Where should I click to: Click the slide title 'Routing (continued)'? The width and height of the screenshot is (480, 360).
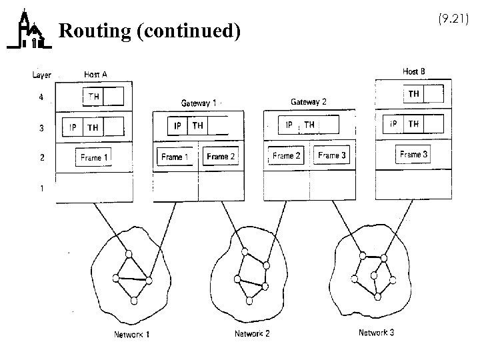(x=149, y=31)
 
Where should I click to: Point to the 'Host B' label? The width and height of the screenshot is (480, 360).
(x=413, y=71)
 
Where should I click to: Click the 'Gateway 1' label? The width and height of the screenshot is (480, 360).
(x=199, y=103)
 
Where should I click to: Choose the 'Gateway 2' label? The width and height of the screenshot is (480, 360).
(x=309, y=102)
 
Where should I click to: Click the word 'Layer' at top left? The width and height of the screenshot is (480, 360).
(x=41, y=75)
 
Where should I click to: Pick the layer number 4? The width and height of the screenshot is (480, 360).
(x=41, y=97)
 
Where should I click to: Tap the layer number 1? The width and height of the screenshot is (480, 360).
(x=41, y=188)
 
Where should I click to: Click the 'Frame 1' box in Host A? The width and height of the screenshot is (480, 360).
(x=94, y=158)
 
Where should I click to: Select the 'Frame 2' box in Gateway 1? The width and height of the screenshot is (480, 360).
(x=221, y=157)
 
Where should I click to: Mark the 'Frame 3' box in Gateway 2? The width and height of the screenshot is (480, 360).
(x=332, y=156)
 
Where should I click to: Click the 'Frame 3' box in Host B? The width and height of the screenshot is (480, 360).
(x=413, y=155)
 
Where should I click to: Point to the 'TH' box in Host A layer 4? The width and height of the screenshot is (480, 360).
(x=94, y=97)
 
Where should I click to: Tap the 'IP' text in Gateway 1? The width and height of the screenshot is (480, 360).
(x=177, y=125)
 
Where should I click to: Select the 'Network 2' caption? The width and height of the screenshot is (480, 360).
(x=252, y=333)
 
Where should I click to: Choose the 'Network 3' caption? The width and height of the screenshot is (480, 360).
(x=376, y=333)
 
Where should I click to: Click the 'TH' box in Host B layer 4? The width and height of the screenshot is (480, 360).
(x=414, y=94)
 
